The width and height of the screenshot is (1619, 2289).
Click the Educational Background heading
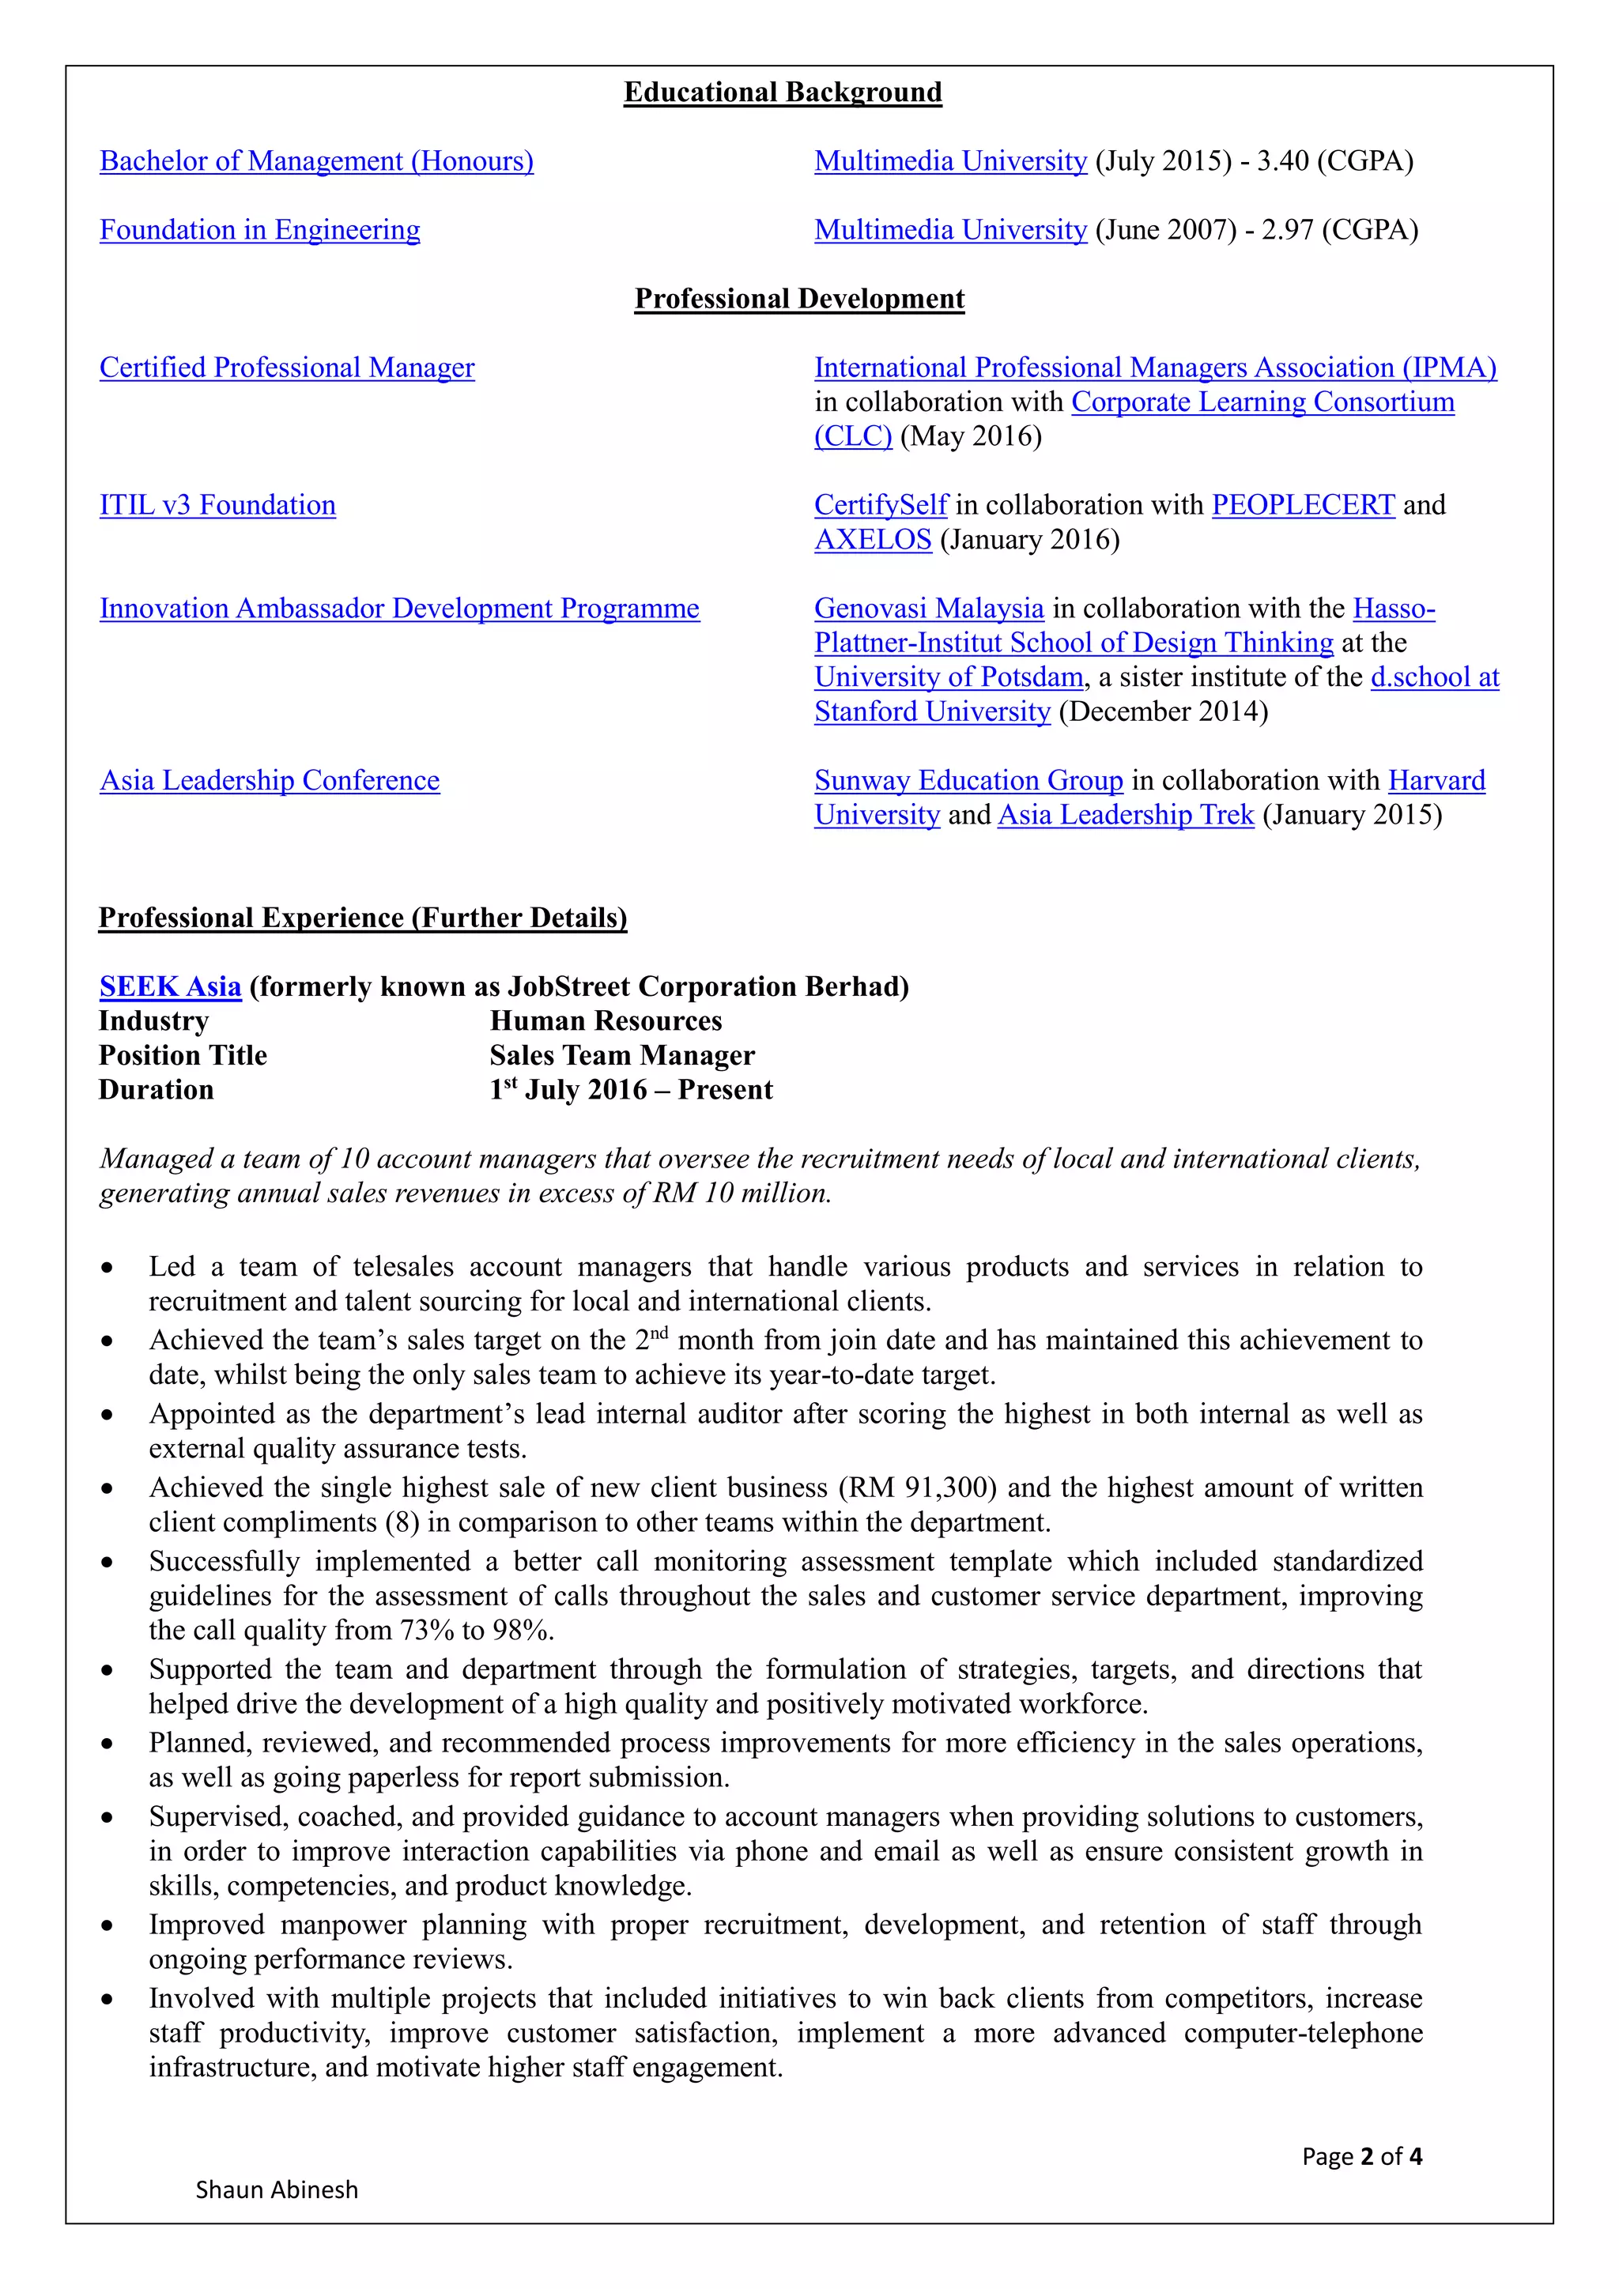[783, 92]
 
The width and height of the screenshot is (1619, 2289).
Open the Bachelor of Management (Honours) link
[316, 160]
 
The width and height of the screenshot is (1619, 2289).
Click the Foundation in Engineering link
[259, 229]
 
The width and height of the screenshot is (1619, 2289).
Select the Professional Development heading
[799, 298]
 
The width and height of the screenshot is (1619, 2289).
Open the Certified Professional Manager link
[287, 367]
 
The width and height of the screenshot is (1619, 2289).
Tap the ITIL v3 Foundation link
[217, 504]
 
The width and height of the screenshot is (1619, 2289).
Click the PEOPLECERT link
[1302, 504]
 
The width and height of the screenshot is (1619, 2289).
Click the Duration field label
[157, 1090]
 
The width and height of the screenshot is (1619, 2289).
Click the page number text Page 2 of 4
[1362, 2155]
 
